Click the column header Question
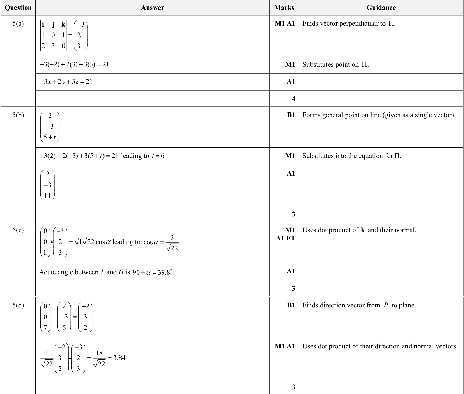click(x=18, y=8)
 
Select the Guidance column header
click(x=381, y=8)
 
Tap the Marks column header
click(x=284, y=8)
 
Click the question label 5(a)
click(x=18, y=24)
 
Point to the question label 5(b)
click(x=18, y=115)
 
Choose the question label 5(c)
click(x=18, y=230)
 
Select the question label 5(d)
click(x=18, y=305)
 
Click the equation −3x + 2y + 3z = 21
click(x=66, y=82)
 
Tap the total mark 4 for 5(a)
click(x=293, y=99)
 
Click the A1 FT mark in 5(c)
click(x=285, y=238)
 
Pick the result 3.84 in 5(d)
click(x=119, y=358)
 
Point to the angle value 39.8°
click(x=164, y=272)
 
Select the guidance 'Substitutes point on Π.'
click(x=335, y=65)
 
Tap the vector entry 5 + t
click(x=50, y=137)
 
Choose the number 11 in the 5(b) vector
click(x=47, y=196)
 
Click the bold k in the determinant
click(x=63, y=25)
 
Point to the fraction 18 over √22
click(x=99, y=358)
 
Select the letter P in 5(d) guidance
click(x=386, y=305)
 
